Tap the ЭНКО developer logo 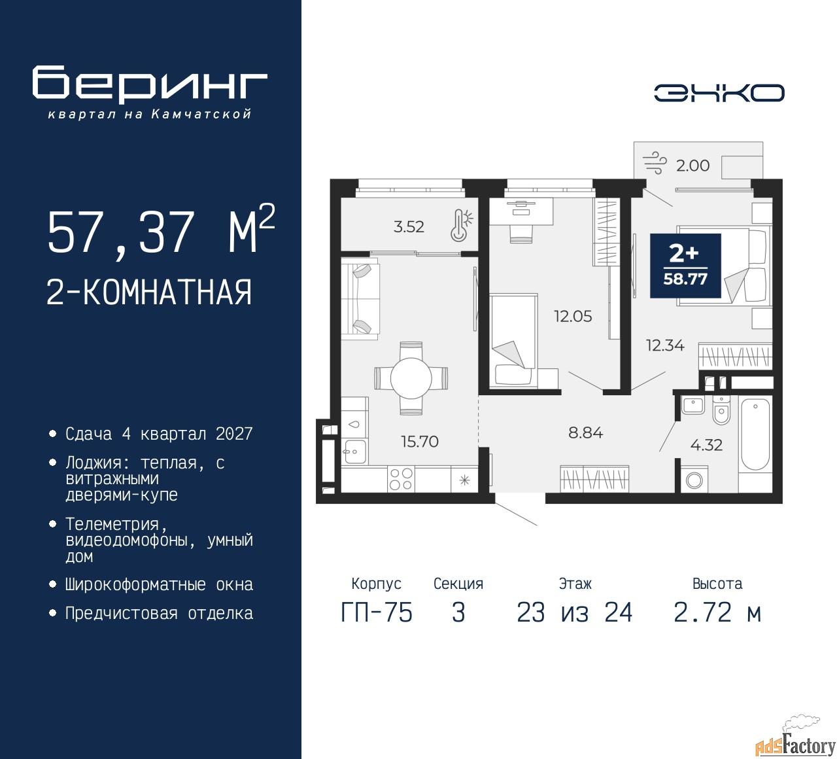tap(719, 93)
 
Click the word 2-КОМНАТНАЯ tap(149, 292)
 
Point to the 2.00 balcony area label tap(692, 166)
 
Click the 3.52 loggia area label tap(409, 226)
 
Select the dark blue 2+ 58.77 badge tap(685, 266)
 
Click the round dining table tap(411, 379)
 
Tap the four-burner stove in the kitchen tap(401, 479)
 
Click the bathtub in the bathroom tap(755, 434)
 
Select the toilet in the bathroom tap(721, 410)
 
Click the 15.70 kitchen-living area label tap(420, 442)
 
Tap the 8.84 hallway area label tap(585, 433)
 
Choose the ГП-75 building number tap(377, 612)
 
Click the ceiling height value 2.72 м tap(717, 612)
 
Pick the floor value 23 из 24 tap(575, 612)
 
